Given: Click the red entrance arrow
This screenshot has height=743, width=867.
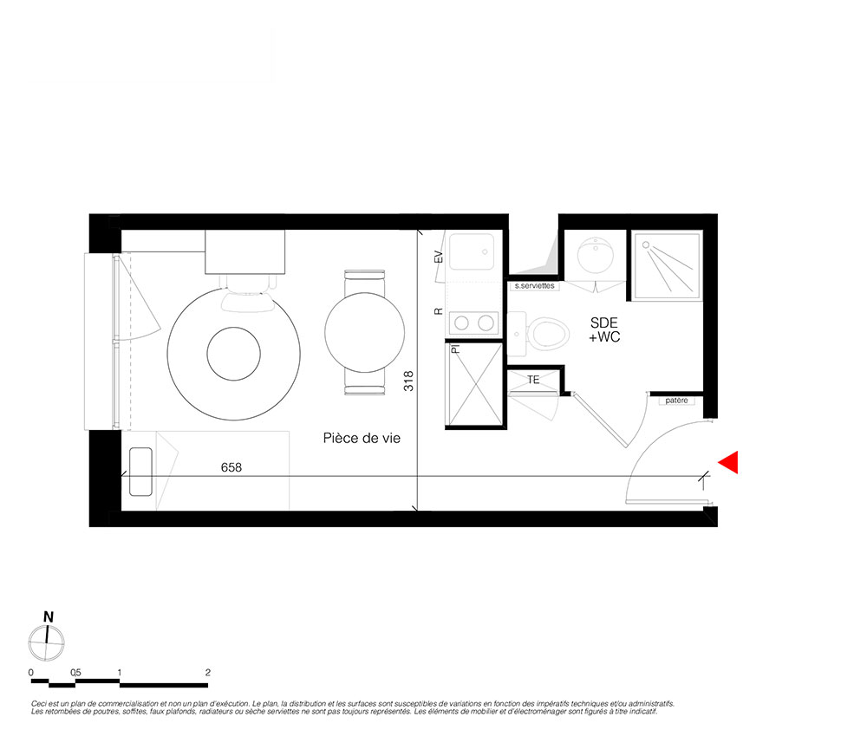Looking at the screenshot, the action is point(730,462).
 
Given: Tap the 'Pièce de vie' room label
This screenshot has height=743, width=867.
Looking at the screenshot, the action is point(362,439).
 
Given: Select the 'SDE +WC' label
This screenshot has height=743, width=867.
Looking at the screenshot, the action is point(604,330).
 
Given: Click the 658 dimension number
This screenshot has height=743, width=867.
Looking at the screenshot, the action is point(231,467).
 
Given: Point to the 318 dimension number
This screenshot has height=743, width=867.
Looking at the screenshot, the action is point(408,381).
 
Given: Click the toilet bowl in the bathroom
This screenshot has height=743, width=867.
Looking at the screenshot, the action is point(548,334).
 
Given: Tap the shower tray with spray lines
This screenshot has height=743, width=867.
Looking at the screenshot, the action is point(668,266).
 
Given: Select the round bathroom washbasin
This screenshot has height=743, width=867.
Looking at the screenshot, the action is point(595,255).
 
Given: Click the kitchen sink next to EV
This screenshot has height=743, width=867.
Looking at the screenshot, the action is point(472,251).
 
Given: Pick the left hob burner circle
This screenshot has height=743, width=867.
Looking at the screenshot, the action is point(462,323).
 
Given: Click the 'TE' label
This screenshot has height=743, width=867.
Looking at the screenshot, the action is point(533,380).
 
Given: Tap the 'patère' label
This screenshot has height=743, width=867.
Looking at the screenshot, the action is point(677,401).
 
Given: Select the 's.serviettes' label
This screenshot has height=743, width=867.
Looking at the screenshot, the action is point(534,286).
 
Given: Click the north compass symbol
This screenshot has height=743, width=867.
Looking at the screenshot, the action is point(47,642).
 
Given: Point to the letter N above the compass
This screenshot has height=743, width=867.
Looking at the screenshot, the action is point(49,617).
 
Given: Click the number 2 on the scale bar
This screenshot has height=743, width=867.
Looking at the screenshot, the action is point(208,673).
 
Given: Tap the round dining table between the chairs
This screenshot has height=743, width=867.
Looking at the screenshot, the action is point(364,332).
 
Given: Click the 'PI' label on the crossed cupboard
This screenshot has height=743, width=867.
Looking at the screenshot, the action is point(456,349).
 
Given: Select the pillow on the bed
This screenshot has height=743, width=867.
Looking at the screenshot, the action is point(140,472).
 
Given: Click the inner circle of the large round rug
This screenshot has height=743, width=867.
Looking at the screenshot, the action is point(233,354).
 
